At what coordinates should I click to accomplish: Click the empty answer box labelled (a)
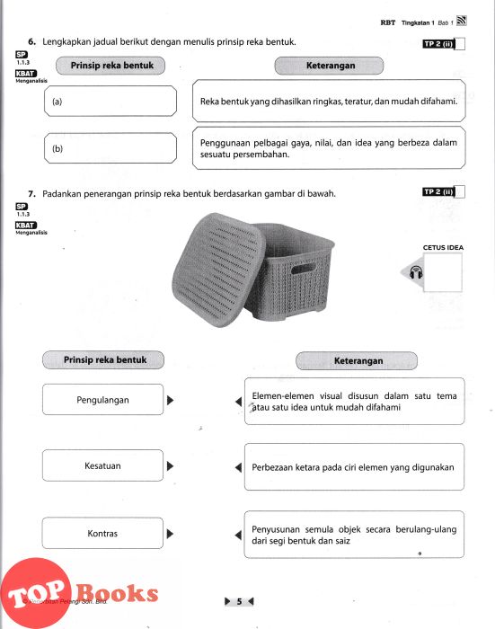(110, 101)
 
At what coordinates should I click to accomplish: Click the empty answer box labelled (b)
(110, 148)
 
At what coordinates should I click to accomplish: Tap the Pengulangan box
(102, 400)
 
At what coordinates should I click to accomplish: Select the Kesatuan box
(102, 465)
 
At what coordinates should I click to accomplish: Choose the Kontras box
(102, 533)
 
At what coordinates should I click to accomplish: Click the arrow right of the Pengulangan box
(170, 400)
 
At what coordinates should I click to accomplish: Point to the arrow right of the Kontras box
(170, 534)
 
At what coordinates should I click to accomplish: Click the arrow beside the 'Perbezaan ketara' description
(238, 467)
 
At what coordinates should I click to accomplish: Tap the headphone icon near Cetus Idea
(416, 272)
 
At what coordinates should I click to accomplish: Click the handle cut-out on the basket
(304, 269)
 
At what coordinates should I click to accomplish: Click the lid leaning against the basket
(218, 270)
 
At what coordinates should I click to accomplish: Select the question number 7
(31, 194)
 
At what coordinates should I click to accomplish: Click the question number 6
(31, 41)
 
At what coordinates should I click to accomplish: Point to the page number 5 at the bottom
(240, 601)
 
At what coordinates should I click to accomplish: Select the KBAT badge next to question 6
(26, 74)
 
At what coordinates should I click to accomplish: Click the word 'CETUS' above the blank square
(432, 247)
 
